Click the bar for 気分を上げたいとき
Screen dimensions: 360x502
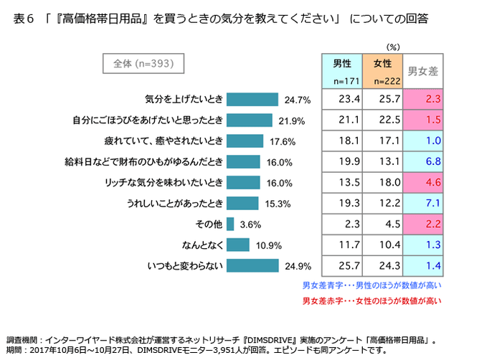[252, 99]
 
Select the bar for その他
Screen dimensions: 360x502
[229, 224]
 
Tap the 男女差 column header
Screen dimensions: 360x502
[423, 71]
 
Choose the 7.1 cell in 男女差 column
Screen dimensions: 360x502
[423, 203]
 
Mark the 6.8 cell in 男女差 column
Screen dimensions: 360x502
[423, 161]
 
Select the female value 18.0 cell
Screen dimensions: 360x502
[383, 182]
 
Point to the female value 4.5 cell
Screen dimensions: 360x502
[383, 224]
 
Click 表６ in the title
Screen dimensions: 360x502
[25, 18]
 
